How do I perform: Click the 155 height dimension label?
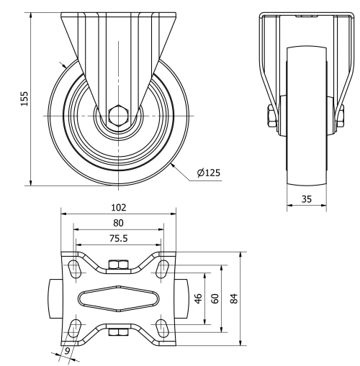(x=24, y=98)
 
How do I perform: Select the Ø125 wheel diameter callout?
(x=210, y=172)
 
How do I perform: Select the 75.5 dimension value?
(x=118, y=237)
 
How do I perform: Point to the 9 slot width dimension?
(x=67, y=352)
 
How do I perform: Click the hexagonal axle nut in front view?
(x=119, y=115)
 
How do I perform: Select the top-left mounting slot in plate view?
(x=74, y=269)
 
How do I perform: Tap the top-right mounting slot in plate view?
(x=163, y=269)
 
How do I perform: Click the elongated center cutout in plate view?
(x=118, y=298)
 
